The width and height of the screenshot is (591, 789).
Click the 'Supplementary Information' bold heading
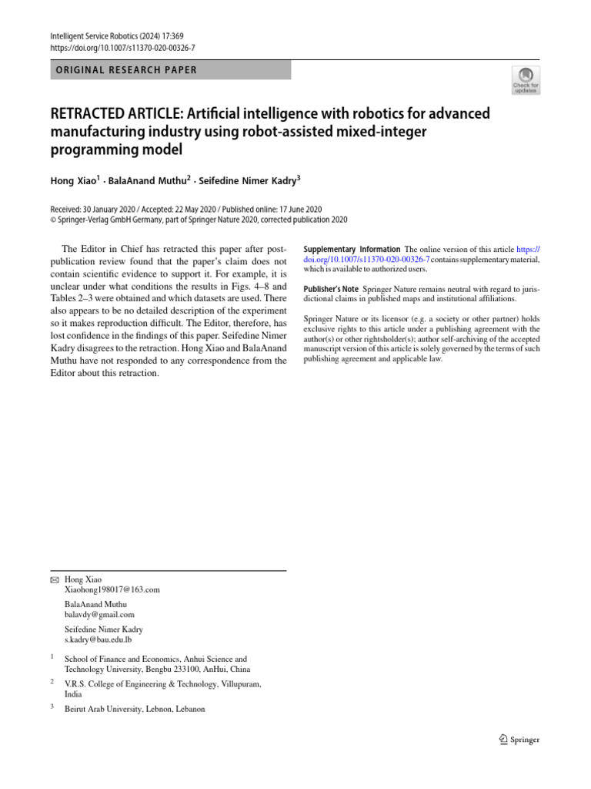[352, 250]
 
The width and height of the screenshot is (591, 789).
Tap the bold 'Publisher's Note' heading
[332, 288]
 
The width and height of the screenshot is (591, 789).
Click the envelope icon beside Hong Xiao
[53, 579]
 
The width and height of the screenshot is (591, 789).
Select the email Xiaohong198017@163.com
[112, 589]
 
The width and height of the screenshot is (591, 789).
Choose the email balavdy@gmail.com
[99, 615]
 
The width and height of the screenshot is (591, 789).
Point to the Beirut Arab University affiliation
[135, 708]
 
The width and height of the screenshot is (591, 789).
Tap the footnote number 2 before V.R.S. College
[52, 683]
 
